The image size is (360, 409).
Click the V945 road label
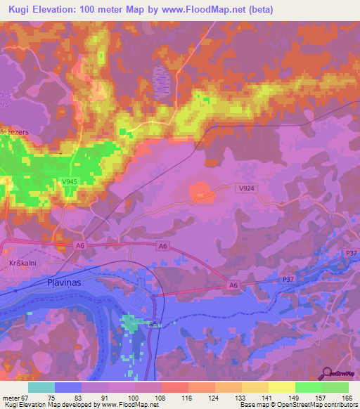pos(69,181)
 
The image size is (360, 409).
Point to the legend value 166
pos(347,397)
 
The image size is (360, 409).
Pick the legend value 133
pos(240,397)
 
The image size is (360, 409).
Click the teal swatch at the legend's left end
pos(41,387)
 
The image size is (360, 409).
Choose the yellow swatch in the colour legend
pos(281,387)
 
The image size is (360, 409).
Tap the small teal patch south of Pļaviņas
pos(131,324)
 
